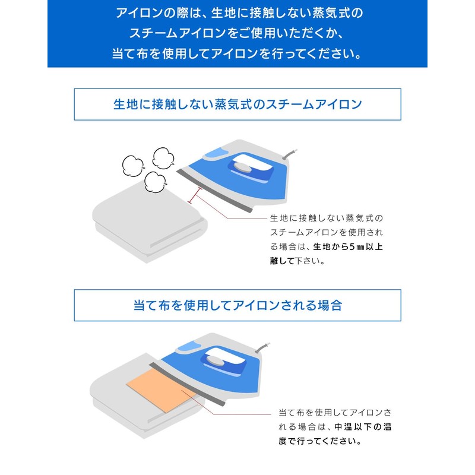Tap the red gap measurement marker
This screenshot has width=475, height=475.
(x=195, y=196)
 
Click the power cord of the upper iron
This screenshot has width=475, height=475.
(x=290, y=154)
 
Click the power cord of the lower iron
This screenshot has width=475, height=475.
(x=262, y=347)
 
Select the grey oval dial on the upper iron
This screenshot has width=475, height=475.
(x=242, y=167)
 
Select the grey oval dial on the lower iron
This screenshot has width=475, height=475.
(x=216, y=360)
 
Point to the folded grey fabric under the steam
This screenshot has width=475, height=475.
(x=150, y=221)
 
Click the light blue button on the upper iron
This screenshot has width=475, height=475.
(x=217, y=153)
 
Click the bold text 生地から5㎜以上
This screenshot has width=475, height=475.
(x=348, y=246)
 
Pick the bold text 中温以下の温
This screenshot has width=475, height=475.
(x=363, y=427)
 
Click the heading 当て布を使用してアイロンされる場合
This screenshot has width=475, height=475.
(x=238, y=305)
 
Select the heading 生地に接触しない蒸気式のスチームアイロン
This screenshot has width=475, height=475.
(x=238, y=104)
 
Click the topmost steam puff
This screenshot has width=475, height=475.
(x=164, y=158)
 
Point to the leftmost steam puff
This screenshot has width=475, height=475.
(x=133, y=166)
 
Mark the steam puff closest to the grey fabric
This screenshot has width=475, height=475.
(x=156, y=182)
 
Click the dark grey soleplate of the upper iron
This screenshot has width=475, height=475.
(x=214, y=191)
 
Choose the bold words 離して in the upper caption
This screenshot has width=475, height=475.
(x=283, y=261)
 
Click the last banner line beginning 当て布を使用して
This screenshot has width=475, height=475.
(x=237, y=54)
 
